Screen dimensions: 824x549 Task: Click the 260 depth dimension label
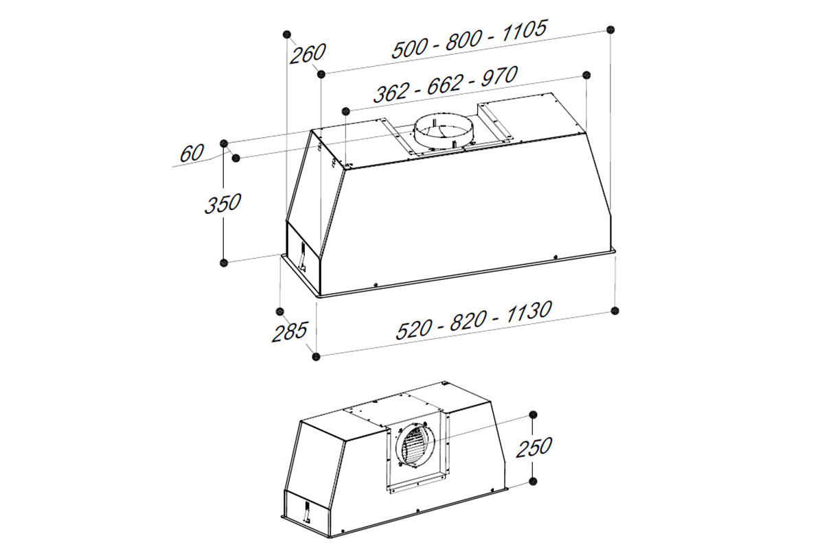pos(308,54)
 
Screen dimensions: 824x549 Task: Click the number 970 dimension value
pos(500,76)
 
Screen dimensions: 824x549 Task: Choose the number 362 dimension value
pos(391,93)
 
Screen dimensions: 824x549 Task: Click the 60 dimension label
pos(192,153)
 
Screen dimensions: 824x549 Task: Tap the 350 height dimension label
pos(222,203)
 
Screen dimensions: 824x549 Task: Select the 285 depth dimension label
pos(289,332)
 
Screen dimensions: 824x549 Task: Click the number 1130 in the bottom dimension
pos(529,312)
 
